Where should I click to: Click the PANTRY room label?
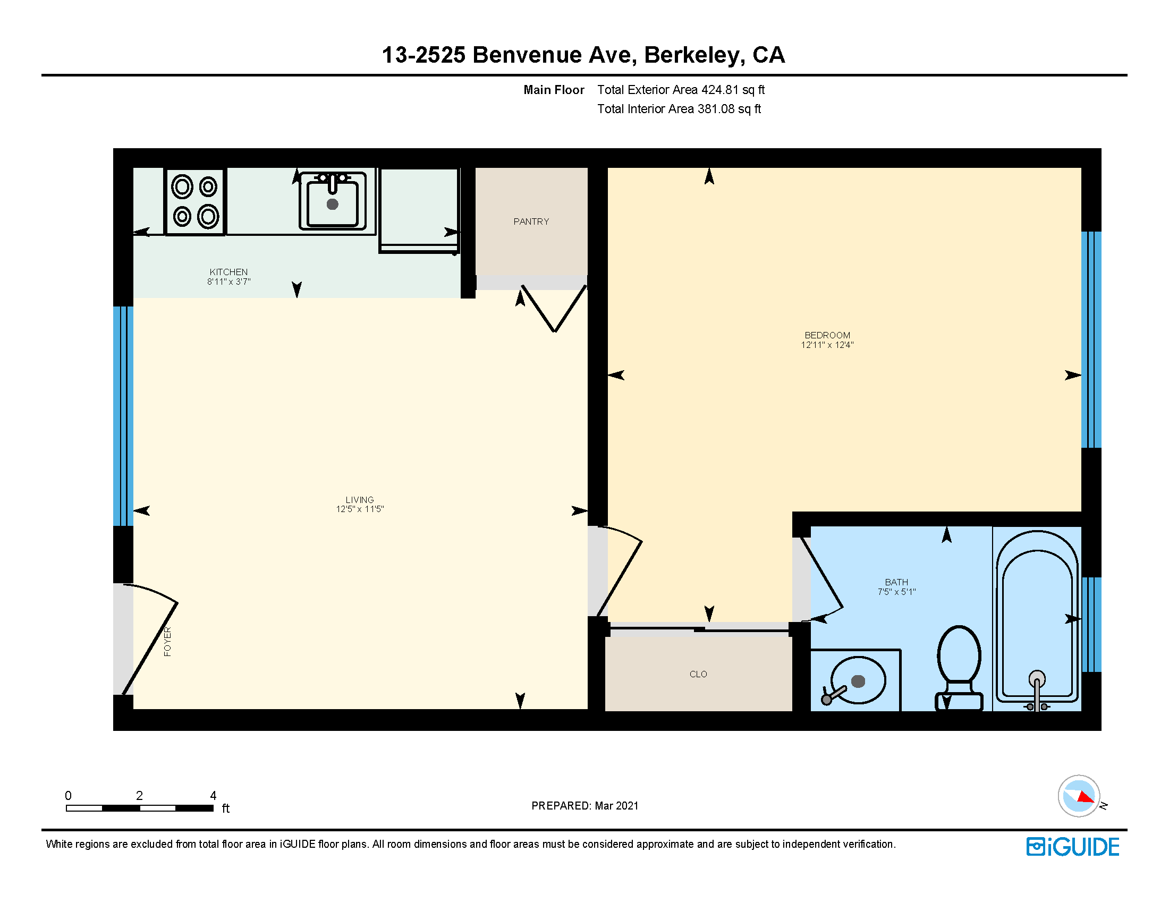click(531, 222)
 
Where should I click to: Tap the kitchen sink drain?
click(333, 204)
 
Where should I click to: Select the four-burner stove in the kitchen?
click(195, 202)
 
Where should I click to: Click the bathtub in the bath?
click(1037, 620)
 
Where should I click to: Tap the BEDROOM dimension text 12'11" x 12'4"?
click(827, 345)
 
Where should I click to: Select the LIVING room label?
click(360, 499)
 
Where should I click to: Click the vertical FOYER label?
click(167, 642)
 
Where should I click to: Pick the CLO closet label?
click(698, 674)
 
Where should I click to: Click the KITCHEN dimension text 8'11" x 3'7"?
click(228, 282)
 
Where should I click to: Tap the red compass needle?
click(1085, 798)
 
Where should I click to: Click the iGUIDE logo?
click(1073, 847)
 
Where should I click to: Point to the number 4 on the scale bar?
click(213, 796)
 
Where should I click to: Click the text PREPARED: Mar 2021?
click(584, 806)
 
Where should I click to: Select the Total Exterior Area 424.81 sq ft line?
click(681, 90)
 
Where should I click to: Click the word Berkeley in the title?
click(693, 55)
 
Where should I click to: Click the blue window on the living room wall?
click(123, 416)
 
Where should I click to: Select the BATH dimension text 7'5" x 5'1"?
click(896, 592)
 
